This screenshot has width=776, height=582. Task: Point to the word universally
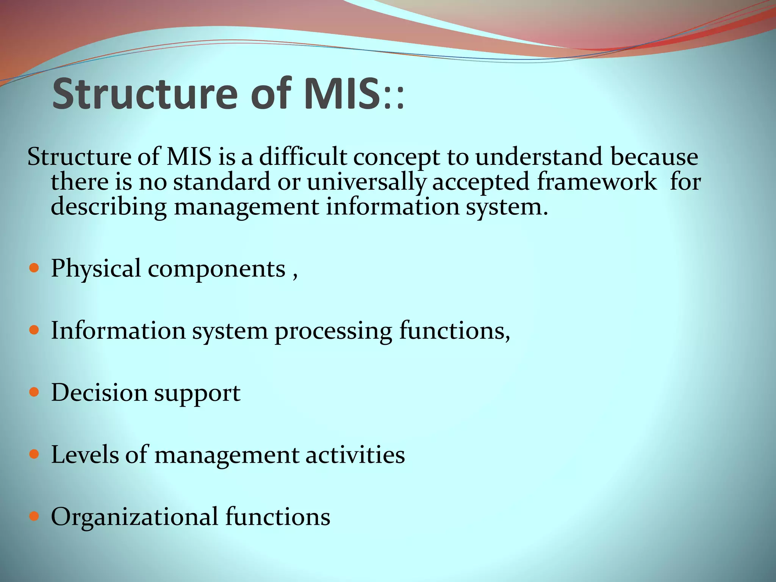[366, 182]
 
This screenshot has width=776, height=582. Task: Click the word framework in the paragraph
[597, 181]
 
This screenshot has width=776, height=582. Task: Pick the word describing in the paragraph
[109, 207]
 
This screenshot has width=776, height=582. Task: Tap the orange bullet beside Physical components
[34, 268]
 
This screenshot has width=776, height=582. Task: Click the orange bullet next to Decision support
[34, 392]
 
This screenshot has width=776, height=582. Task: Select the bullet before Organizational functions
[34, 516]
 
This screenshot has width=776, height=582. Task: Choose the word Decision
[99, 393]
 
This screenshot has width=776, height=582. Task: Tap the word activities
[355, 454]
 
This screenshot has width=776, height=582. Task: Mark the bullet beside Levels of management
[34, 454]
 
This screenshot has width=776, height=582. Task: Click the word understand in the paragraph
[539, 156]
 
